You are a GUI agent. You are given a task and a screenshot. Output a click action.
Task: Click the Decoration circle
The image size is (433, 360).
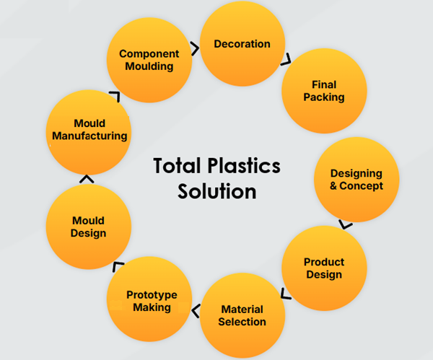coord(242,45)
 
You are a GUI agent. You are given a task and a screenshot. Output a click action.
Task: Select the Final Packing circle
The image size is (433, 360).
coord(323,90)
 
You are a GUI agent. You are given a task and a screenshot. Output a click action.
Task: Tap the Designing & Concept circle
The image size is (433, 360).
coord(356,180)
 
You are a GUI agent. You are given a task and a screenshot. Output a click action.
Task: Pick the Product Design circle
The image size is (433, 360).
coord(323,268)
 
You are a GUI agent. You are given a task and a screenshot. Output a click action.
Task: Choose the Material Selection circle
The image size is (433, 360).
coord(242,315)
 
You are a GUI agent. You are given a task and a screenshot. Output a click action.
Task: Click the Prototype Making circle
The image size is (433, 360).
coord(152,301)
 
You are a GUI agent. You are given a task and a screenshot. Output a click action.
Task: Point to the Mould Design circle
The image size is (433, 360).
coord(88,227)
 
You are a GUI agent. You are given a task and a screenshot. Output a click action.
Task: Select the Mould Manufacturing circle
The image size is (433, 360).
coord(89,130)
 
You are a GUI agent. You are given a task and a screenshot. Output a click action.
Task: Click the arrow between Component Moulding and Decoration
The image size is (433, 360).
coord(195,48)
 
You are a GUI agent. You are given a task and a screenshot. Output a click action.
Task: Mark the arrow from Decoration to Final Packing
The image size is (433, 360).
coord(287,58)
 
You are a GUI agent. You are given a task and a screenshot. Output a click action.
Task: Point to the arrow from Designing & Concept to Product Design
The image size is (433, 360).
coord(346,224)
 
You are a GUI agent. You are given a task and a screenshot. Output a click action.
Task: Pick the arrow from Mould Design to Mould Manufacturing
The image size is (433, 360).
coord(86,178)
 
